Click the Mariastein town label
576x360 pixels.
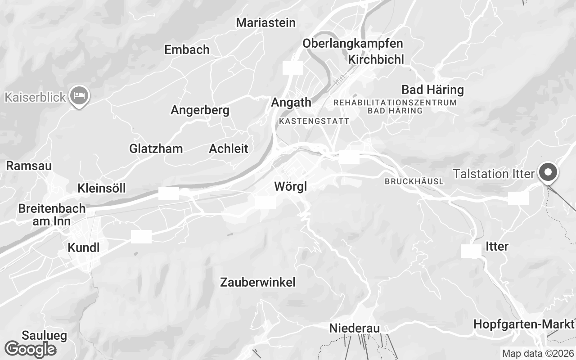tap(265, 22)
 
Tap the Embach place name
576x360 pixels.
tap(187, 49)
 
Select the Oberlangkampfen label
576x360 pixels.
tap(352, 44)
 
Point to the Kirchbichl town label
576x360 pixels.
tap(376, 59)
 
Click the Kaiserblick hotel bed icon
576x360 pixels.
tap(79, 95)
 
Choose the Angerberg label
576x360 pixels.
tap(200, 110)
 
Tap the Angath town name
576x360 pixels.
tap(291, 103)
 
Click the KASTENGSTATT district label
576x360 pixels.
tap(314, 121)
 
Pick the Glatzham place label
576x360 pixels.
tap(156, 148)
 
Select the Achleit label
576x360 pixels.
tap(229, 148)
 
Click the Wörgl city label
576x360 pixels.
tap(291, 186)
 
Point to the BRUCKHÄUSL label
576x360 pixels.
tap(414, 181)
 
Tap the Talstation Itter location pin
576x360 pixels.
tap(549, 173)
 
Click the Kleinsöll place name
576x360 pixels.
tap(102, 188)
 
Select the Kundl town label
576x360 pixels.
tap(83, 247)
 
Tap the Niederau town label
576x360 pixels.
tap(355, 328)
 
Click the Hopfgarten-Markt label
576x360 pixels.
tap(524, 324)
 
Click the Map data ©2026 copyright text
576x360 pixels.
tap(538, 354)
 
